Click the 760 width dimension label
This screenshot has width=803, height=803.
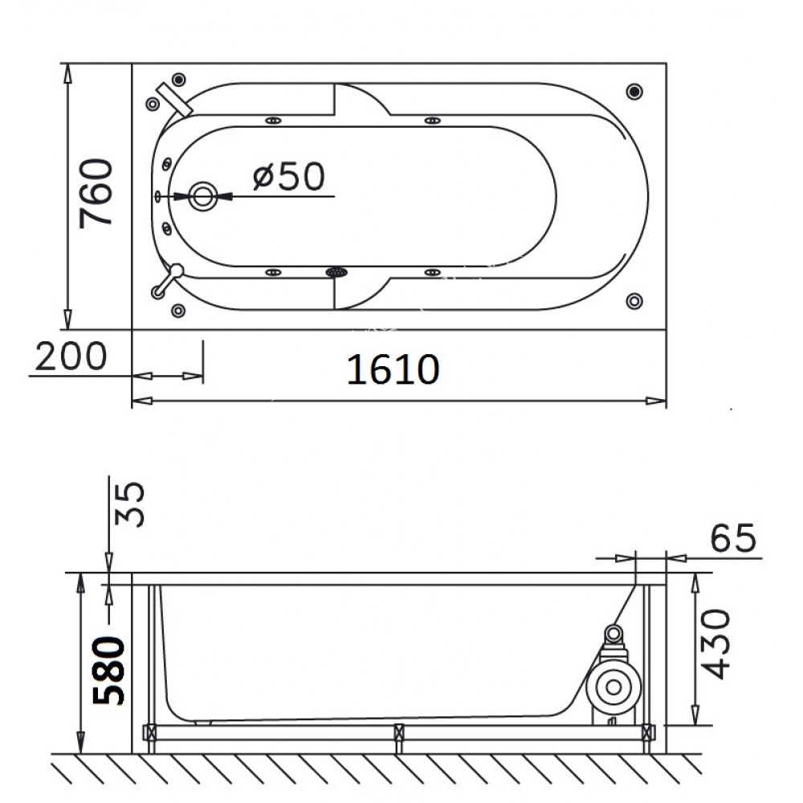tap(96, 193)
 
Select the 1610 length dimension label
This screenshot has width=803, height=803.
tap(393, 369)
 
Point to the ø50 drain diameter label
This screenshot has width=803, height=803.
tap(289, 176)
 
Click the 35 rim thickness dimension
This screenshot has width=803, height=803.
tap(129, 504)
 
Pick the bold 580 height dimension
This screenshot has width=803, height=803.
tap(108, 671)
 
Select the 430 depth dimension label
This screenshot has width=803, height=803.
tap(715, 644)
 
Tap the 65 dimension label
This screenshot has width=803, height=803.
tap(733, 538)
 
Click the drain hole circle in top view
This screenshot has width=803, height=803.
tap(203, 196)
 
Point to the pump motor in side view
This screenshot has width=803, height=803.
tap(613, 687)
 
